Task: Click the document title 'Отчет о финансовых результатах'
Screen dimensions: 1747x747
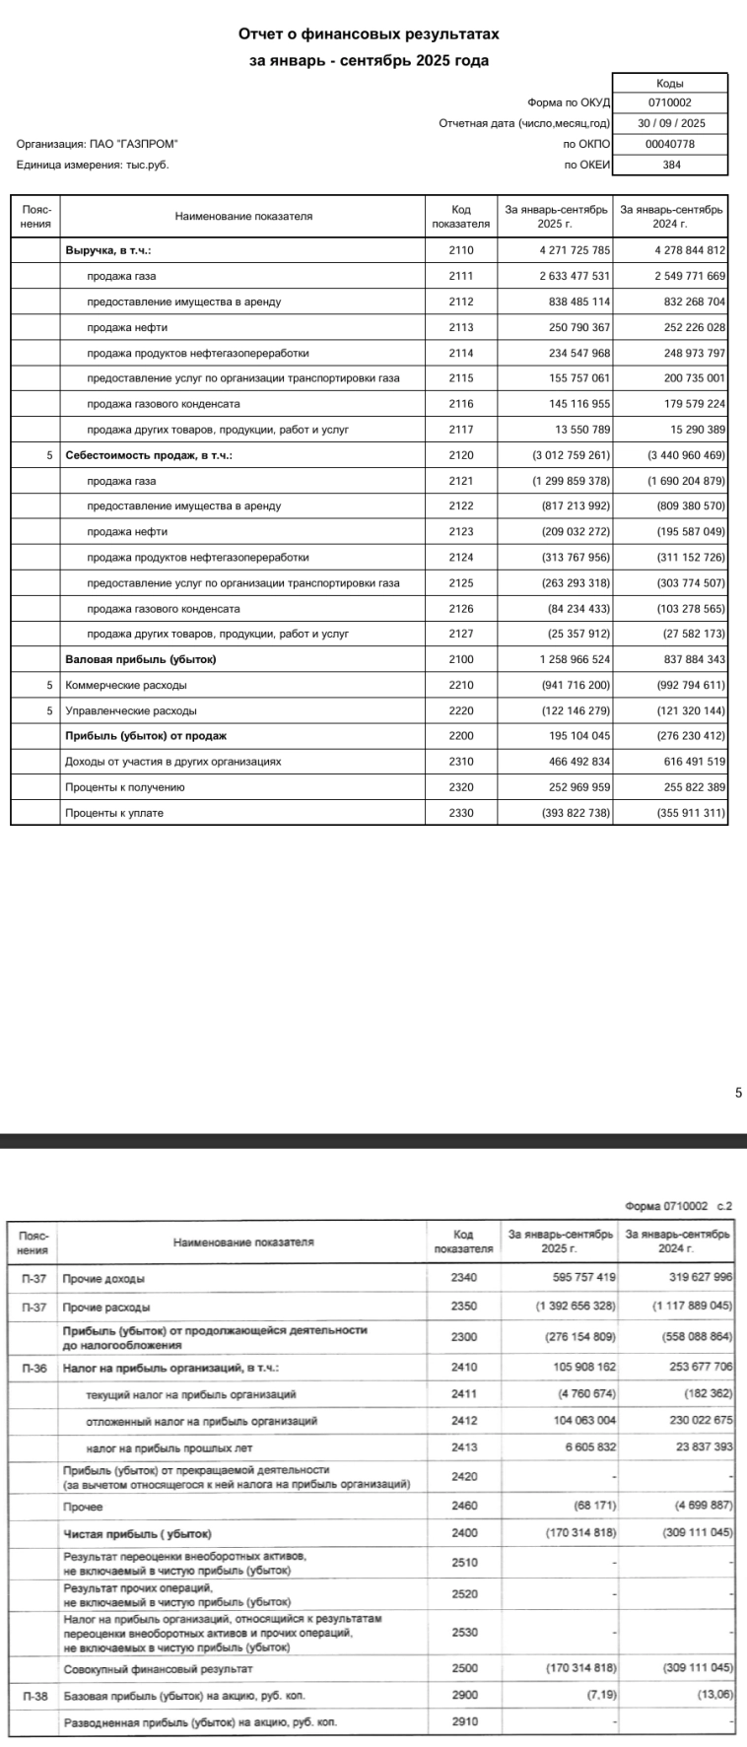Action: pos(369,34)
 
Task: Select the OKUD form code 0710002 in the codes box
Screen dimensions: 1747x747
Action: pos(670,102)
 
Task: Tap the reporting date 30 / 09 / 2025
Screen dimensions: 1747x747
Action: pos(670,123)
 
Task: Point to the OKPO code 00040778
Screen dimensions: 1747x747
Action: pos(670,144)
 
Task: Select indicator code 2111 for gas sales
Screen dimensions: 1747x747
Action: pos(461,276)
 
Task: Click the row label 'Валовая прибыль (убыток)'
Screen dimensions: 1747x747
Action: pos(140,659)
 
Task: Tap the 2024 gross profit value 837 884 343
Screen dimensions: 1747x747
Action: pos(689,659)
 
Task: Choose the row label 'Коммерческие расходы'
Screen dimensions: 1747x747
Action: pos(125,685)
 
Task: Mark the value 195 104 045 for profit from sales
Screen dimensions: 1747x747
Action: pos(579,736)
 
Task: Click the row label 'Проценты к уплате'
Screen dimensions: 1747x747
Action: pos(113,813)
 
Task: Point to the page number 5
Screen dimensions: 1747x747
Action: pos(738,1092)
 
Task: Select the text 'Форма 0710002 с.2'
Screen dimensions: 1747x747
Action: pos(679,1207)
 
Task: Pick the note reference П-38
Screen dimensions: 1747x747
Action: pos(34,1697)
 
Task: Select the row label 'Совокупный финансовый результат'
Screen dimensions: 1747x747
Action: pos(158,1669)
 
